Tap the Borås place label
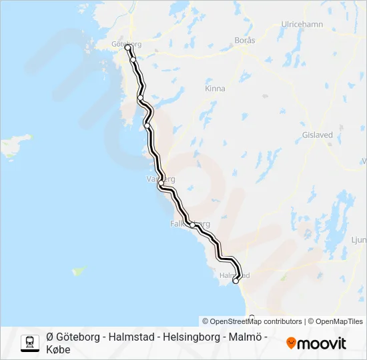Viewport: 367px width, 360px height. [x=246, y=41]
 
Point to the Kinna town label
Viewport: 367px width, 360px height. [x=215, y=89]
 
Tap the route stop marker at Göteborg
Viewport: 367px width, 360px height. [x=127, y=47]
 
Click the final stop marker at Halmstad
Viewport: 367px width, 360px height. [x=236, y=281]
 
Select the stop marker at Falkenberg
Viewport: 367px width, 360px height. [x=192, y=225]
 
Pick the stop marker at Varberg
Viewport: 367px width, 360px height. [x=161, y=183]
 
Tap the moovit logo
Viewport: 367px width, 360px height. [x=316, y=343]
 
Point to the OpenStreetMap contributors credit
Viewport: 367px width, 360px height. [x=252, y=321]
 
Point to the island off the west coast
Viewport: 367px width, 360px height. [x=16, y=143]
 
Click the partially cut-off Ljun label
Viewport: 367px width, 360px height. [x=358, y=239]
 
